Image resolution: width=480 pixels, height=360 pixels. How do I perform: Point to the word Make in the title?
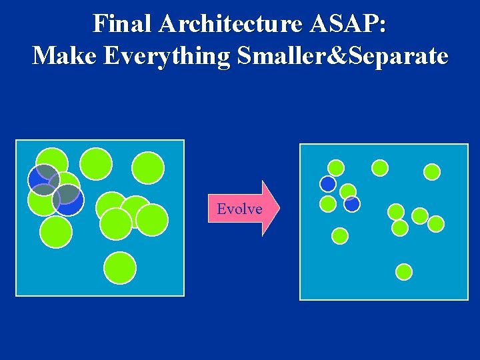click(x=64, y=56)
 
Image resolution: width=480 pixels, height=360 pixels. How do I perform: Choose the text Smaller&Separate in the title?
click(x=340, y=56)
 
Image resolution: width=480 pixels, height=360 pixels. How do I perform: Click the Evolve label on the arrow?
click(x=239, y=209)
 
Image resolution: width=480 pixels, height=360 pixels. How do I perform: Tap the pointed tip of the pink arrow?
click(x=277, y=209)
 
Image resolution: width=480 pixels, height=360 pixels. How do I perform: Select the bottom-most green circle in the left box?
click(x=120, y=268)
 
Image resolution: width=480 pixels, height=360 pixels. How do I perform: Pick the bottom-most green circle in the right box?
click(x=404, y=271)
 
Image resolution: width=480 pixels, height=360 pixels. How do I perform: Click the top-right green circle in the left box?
click(x=148, y=168)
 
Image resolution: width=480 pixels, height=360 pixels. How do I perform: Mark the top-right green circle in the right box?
click(x=432, y=172)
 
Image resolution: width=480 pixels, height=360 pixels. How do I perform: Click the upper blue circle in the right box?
click(x=328, y=183)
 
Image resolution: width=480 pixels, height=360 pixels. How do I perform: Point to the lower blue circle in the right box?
click(x=352, y=203)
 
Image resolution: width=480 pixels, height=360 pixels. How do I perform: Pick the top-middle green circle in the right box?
click(x=380, y=168)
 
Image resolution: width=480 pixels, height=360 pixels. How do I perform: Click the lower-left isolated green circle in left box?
click(x=56, y=232)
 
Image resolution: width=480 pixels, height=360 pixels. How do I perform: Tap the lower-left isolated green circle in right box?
click(x=340, y=235)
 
